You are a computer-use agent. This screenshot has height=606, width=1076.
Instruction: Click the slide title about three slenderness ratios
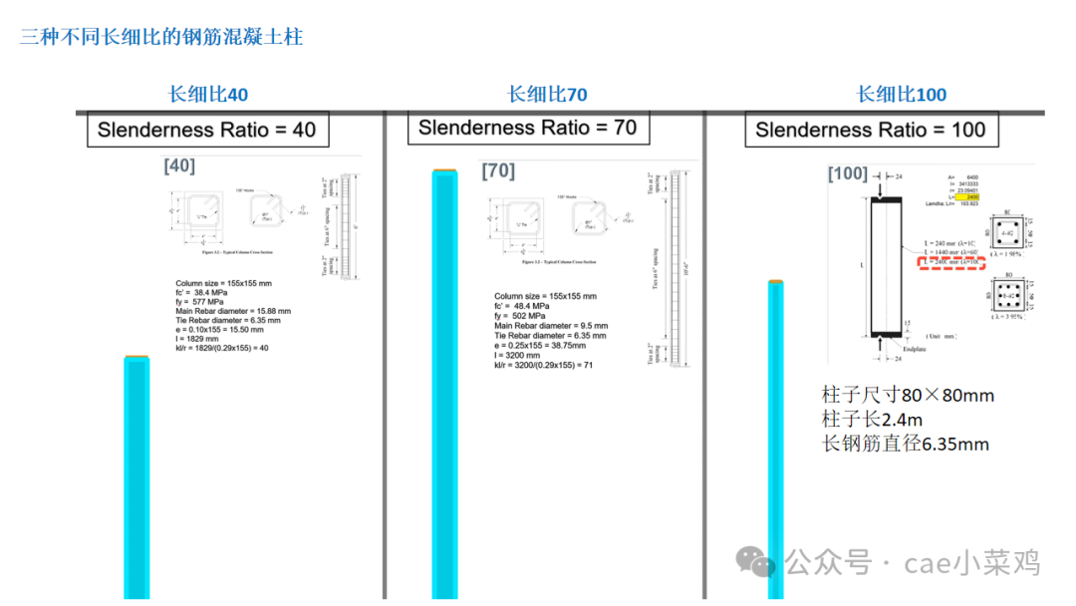tap(161, 38)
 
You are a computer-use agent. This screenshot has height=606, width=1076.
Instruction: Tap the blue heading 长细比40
tap(208, 95)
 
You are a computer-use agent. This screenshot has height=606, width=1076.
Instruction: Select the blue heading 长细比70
tap(547, 95)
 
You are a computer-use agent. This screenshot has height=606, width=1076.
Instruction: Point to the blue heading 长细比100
tap(902, 95)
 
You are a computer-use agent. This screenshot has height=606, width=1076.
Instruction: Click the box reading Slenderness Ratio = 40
tap(206, 130)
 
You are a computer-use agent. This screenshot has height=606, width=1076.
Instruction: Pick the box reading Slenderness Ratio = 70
tap(527, 128)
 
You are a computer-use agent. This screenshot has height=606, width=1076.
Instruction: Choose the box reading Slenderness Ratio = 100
tap(870, 130)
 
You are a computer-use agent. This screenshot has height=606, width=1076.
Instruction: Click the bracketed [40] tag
tap(179, 165)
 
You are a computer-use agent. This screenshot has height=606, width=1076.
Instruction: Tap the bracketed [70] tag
tap(498, 171)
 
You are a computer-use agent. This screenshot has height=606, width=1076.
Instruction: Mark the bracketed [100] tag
tap(848, 174)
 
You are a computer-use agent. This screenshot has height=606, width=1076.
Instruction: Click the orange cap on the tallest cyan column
tap(443, 173)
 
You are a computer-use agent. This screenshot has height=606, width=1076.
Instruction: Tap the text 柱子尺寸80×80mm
tap(908, 396)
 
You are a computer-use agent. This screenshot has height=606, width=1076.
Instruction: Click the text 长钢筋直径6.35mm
tap(905, 445)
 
